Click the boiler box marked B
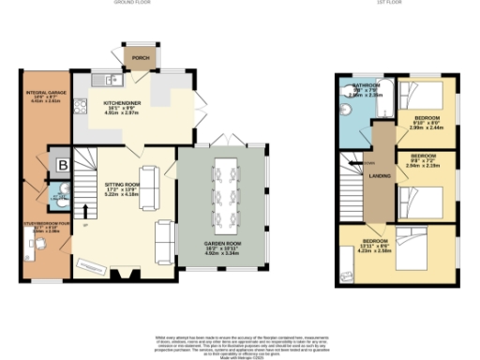click(61, 165)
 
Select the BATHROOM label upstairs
click(354, 85)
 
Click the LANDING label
click(381, 175)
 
